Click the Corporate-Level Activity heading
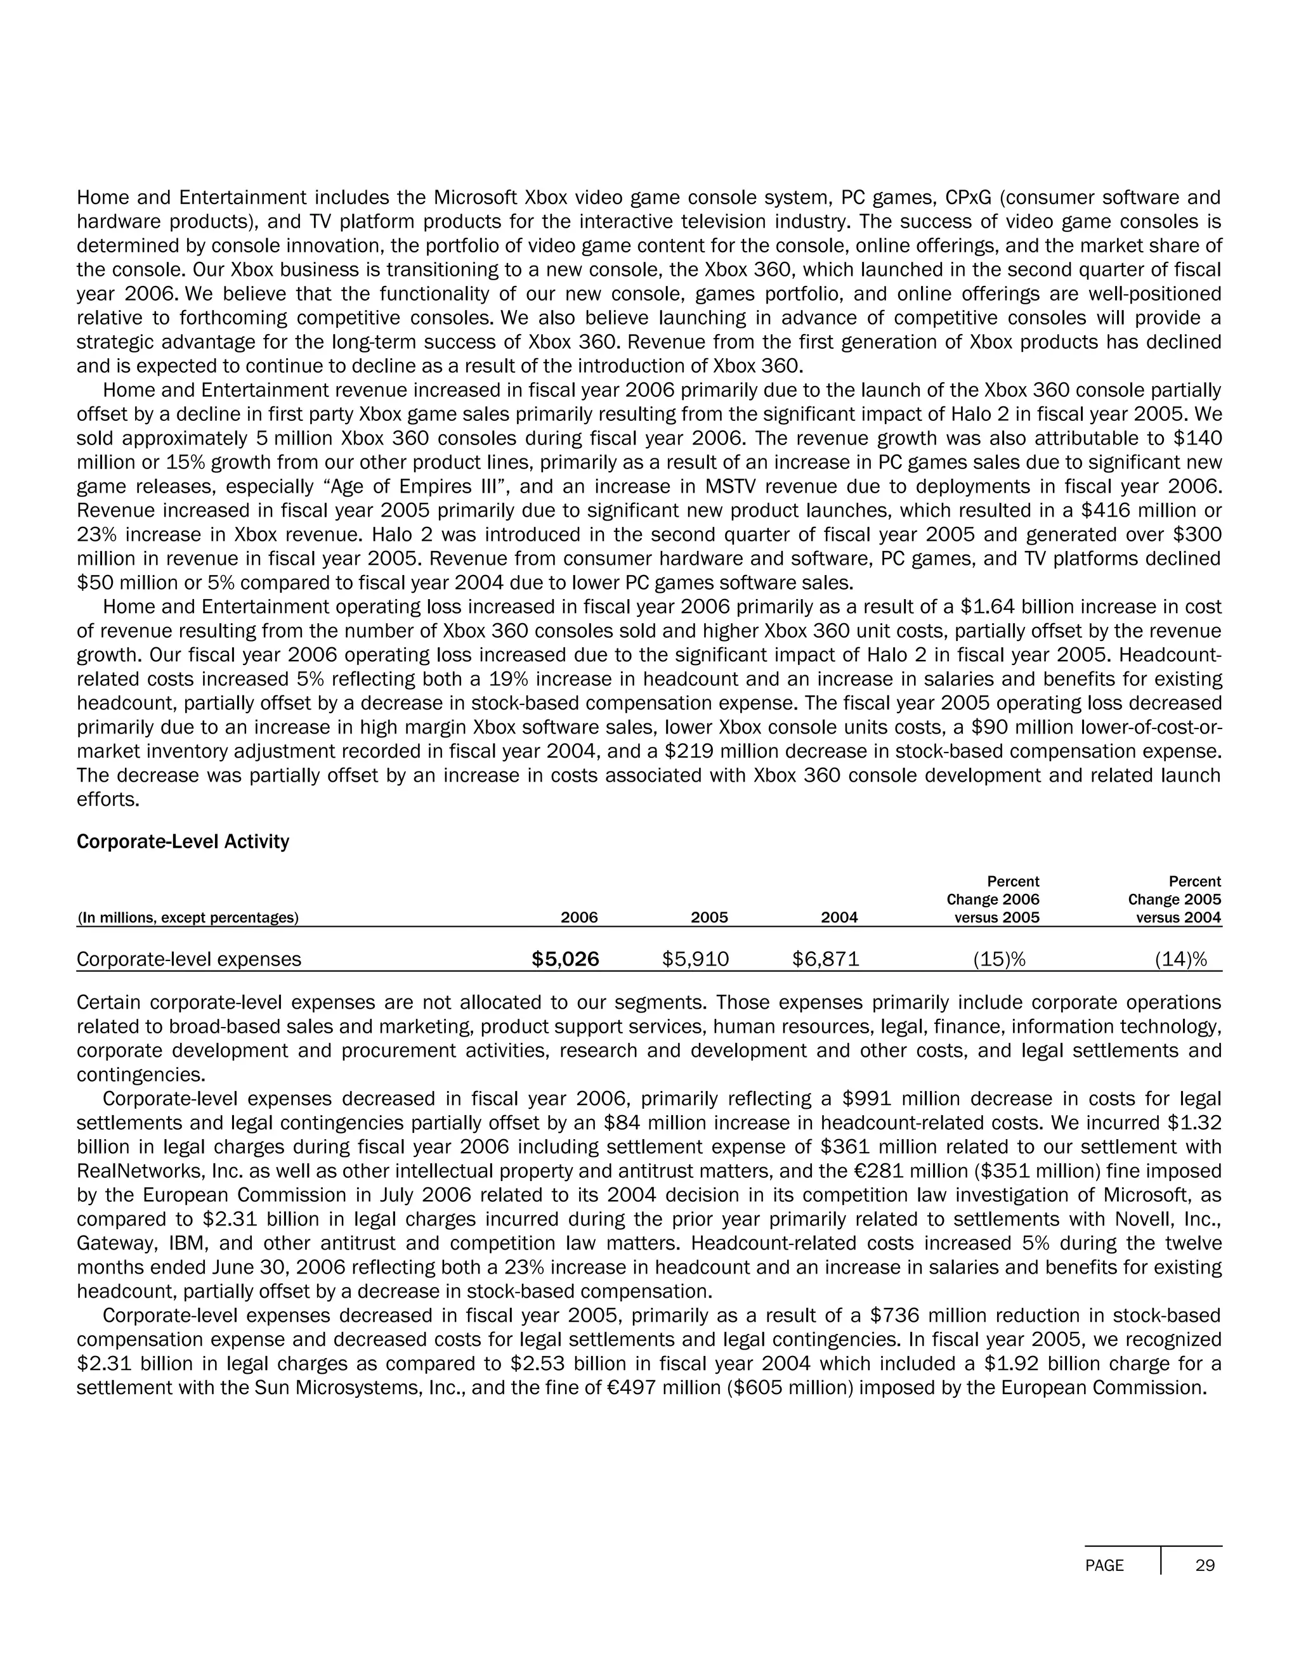pyautogui.click(x=183, y=841)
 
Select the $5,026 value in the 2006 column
pyautogui.click(x=565, y=959)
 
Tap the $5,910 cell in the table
pyautogui.click(x=696, y=959)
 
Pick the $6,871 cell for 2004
pyautogui.click(x=826, y=959)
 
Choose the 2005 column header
pyautogui.click(x=708, y=917)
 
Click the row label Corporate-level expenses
pyautogui.click(x=189, y=959)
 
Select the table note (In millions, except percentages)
pyautogui.click(x=188, y=917)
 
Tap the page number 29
pyautogui.click(x=1205, y=1565)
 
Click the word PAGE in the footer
pyautogui.click(x=1104, y=1565)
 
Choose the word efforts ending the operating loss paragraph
pyautogui.click(x=108, y=799)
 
